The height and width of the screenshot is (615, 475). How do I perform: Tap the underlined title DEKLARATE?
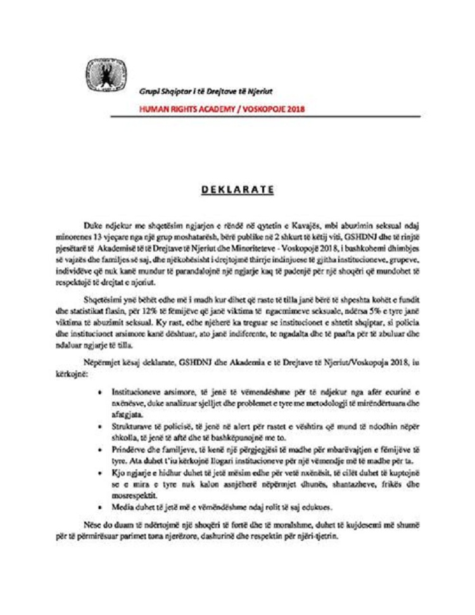237,189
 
